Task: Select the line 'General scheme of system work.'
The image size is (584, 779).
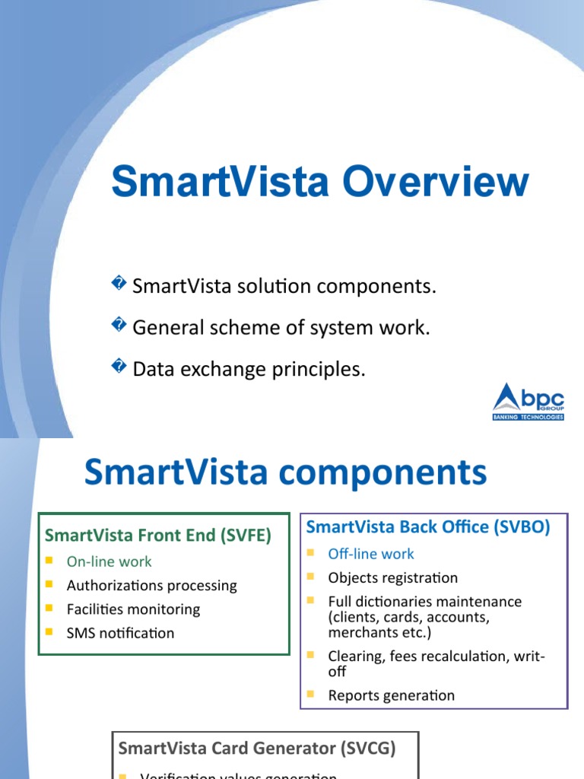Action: click(281, 328)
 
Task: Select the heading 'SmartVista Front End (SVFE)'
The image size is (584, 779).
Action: click(158, 535)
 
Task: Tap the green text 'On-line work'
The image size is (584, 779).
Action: click(109, 561)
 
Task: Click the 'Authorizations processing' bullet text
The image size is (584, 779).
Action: click(152, 585)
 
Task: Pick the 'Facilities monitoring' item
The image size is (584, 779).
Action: click(133, 609)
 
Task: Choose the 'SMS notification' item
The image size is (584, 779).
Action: click(120, 633)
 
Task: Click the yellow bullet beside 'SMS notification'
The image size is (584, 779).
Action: click(49, 631)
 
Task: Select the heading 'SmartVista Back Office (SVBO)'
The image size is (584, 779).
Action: click(427, 526)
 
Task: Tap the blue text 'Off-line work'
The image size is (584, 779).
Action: click(371, 554)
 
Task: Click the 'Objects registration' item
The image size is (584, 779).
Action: click(392, 577)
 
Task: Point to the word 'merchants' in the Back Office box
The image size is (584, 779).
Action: click(362, 632)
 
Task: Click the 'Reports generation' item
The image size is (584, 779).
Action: click(391, 695)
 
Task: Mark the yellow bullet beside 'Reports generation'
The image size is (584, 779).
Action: click(311, 694)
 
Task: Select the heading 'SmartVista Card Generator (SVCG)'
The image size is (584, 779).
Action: click(257, 748)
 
